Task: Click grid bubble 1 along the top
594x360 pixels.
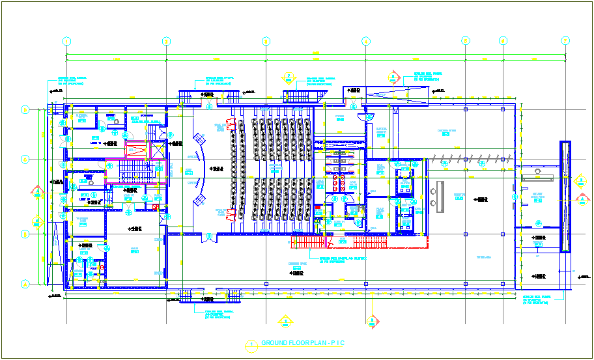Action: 66,41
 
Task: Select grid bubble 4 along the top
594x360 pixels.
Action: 365,41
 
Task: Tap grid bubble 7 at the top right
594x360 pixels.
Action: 565,41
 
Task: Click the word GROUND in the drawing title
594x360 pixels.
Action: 277,343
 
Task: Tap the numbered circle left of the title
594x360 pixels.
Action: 249,344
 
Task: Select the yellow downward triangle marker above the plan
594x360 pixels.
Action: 288,77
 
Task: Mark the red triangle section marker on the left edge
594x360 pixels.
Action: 37,192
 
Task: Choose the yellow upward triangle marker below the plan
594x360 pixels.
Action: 285,320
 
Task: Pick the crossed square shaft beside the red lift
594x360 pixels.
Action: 157,150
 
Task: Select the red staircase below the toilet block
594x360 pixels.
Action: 307,242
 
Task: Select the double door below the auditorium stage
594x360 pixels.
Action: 208,236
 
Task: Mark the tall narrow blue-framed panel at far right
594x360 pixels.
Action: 565,197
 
